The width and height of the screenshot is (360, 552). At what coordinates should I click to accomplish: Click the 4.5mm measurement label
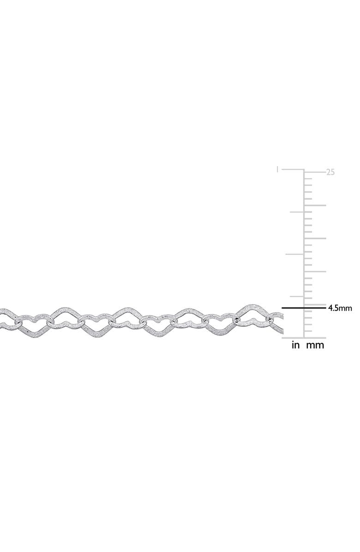click(340, 308)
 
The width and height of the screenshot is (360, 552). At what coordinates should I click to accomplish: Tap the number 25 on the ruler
click(330, 173)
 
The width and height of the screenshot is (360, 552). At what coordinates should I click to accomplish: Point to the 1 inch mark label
click(278, 170)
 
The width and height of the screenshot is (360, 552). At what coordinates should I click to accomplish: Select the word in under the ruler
click(295, 345)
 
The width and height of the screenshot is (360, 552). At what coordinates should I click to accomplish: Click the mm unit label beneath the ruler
click(315, 346)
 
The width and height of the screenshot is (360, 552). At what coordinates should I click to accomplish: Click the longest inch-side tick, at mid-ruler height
click(294, 254)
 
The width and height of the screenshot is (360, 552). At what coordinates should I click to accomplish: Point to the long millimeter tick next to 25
click(315, 172)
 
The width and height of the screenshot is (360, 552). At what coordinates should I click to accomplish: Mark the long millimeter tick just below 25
click(315, 205)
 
